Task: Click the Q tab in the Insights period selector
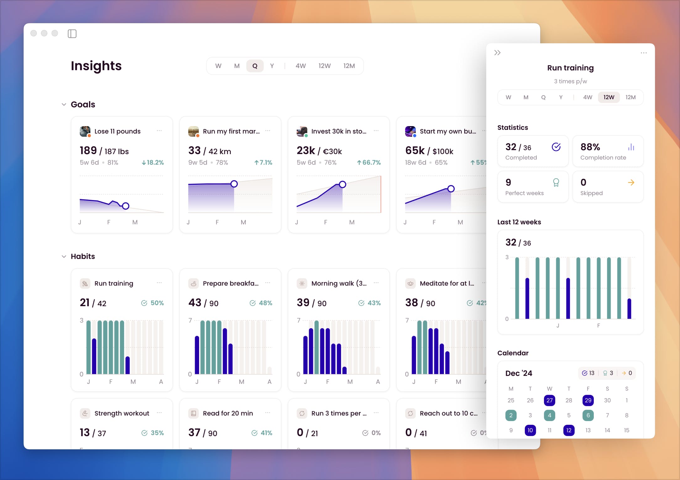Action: [255, 66]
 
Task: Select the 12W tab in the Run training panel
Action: [609, 97]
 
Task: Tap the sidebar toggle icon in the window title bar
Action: [72, 34]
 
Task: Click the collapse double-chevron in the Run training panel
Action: [497, 53]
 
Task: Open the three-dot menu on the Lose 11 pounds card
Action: [159, 131]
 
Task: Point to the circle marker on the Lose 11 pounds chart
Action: [125, 206]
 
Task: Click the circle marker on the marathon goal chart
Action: [234, 184]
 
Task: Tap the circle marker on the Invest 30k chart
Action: [342, 184]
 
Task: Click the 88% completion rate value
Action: [590, 147]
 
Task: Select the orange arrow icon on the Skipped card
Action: [631, 183]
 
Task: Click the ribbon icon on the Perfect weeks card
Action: [556, 183]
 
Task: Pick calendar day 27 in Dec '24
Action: [549, 400]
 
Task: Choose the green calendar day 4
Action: [549, 415]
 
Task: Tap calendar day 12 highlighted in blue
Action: [569, 430]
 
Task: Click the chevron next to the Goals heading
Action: [64, 104]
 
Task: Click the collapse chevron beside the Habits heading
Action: [64, 257]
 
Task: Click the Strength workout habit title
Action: [122, 413]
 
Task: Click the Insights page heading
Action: [96, 66]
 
